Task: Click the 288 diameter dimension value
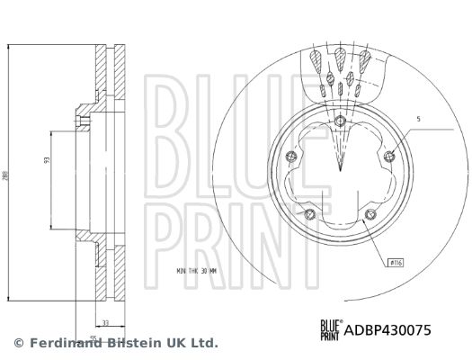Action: coord(7,176)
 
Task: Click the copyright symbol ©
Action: coord(18,343)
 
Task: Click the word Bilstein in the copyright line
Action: coord(131,343)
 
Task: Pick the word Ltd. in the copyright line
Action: coord(202,343)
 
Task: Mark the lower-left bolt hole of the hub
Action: coord(309,213)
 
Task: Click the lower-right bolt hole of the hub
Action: coord(370,213)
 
